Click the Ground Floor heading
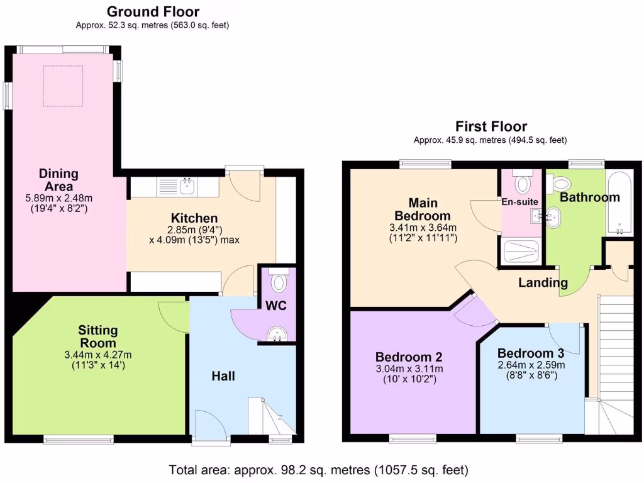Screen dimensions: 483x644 pyautogui.click(x=153, y=11)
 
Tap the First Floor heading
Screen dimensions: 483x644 pyautogui.click(x=491, y=126)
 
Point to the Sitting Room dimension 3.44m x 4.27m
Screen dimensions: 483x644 pyautogui.click(x=98, y=355)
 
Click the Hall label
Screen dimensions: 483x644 pyautogui.click(x=223, y=376)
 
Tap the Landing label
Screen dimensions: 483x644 pyautogui.click(x=543, y=282)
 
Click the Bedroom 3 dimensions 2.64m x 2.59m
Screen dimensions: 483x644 pyautogui.click(x=531, y=365)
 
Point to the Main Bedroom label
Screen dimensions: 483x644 pyautogui.click(x=423, y=209)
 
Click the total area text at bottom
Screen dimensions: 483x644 pyautogui.click(x=319, y=469)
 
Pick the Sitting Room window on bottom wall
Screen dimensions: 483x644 pyautogui.click(x=79, y=438)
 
